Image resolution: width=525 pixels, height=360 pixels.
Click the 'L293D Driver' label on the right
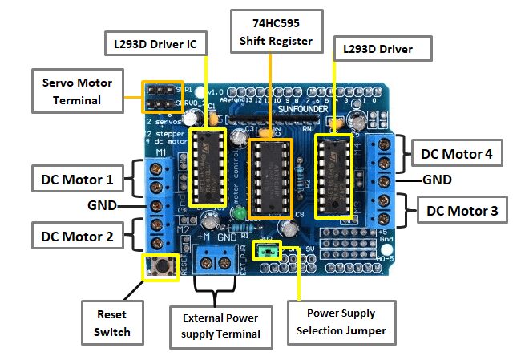[382, 50]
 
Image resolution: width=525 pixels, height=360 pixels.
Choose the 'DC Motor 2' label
[77, 236]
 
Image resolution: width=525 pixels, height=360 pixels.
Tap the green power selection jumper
[268, 252]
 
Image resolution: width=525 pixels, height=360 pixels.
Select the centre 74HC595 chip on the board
[271, 177]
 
